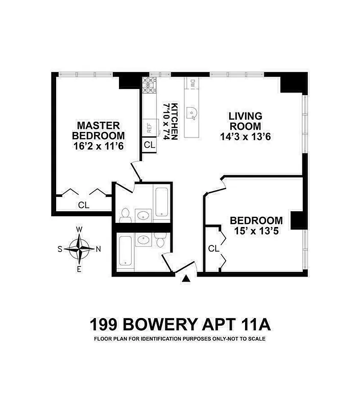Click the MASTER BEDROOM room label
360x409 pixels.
(98, 130)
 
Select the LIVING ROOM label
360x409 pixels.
(245, 121)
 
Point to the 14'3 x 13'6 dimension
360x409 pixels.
(245, 137)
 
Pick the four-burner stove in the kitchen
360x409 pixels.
(149, 85)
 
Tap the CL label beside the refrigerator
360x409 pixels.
(149, 145)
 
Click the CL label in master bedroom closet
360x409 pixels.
(84, 205)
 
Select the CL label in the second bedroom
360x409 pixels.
(214, 249)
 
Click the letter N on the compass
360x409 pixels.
(99, 249)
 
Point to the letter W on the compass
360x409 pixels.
(79, 230)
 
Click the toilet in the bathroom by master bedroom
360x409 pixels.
(125, 216)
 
